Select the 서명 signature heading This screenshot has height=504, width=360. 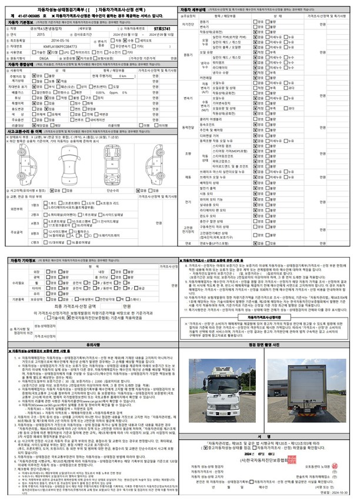pos(271,436)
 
